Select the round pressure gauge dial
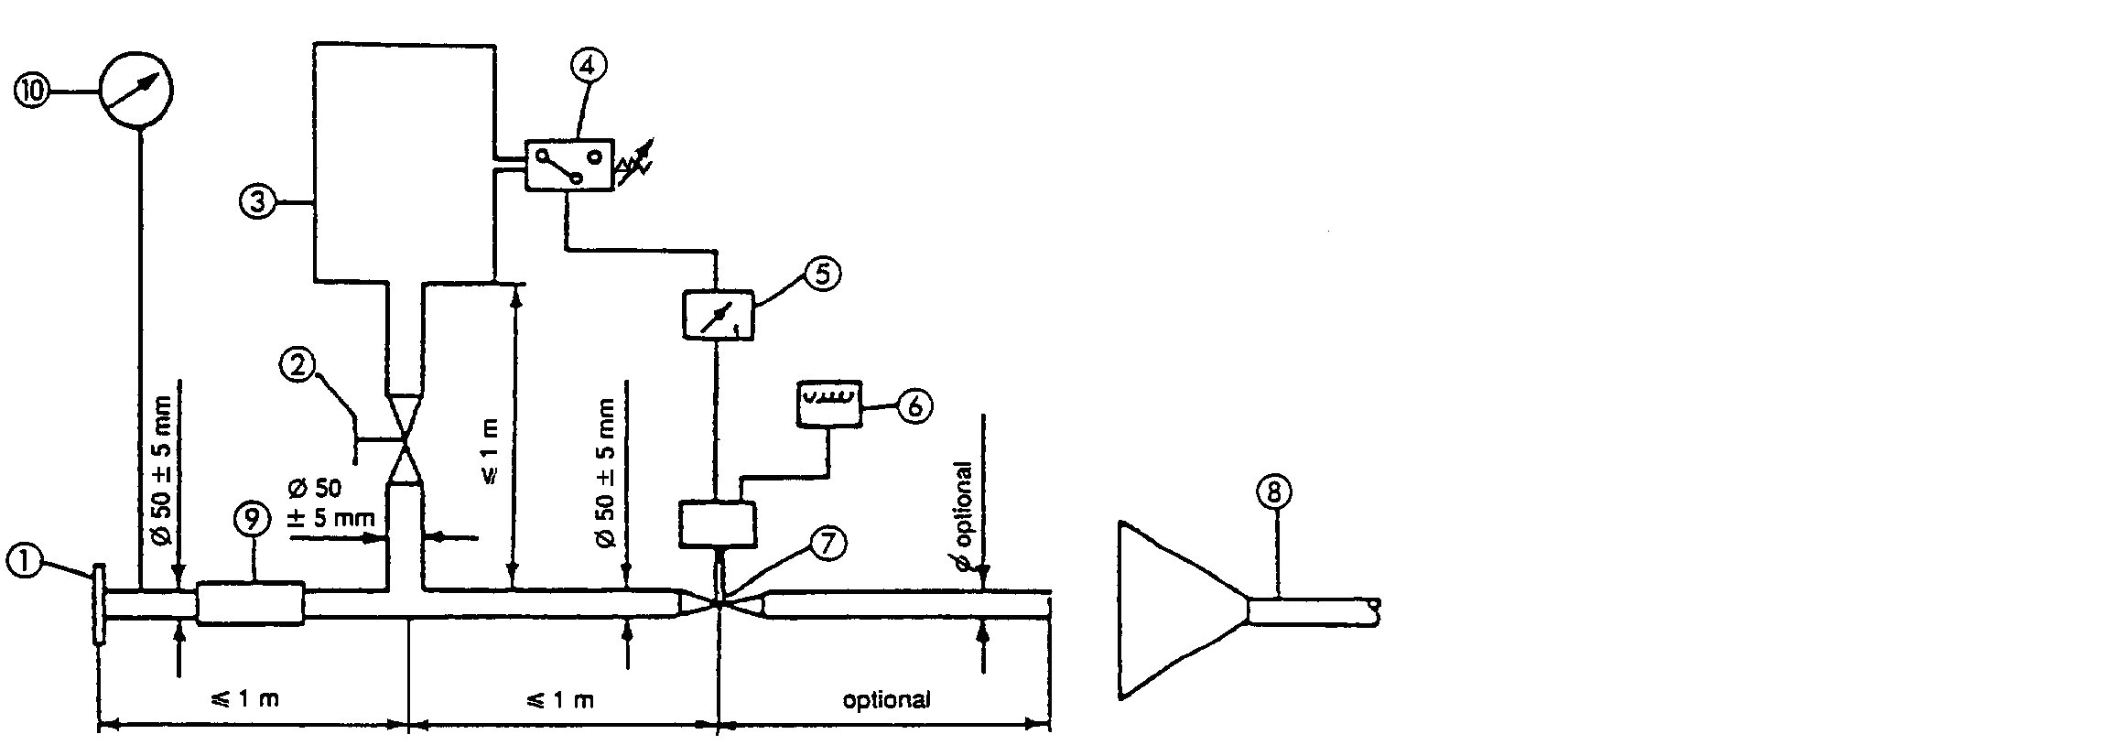pyautogui.click(x=135, y=90)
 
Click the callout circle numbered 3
pyautogui.click(x=258, y=200)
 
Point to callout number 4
pyautogui.click(x=587, y=66)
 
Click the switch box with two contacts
pyautogui.click(x=568, y=165)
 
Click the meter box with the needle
pyautogui.click(x=719, y=316)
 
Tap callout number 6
pyautogui.click(x=915, y=405)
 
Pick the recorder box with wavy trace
pyautogui.click(x=828, y=404)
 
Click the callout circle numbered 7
pyautogui.click(x=827, y=544)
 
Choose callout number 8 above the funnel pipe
pyautogui.click(x=1274, y=492)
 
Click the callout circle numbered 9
pyautogui.click(x=251, y=519)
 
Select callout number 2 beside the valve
pyautogui.click(x=298, y=366)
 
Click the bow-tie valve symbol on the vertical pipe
pyautogui.click(x=405, y=440)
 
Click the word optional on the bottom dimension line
pyautogui.click(x=885, y=701)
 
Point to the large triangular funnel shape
pyautogui.click(x=1172, y=610)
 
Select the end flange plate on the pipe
pyautogui.click(x=98, y=606)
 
